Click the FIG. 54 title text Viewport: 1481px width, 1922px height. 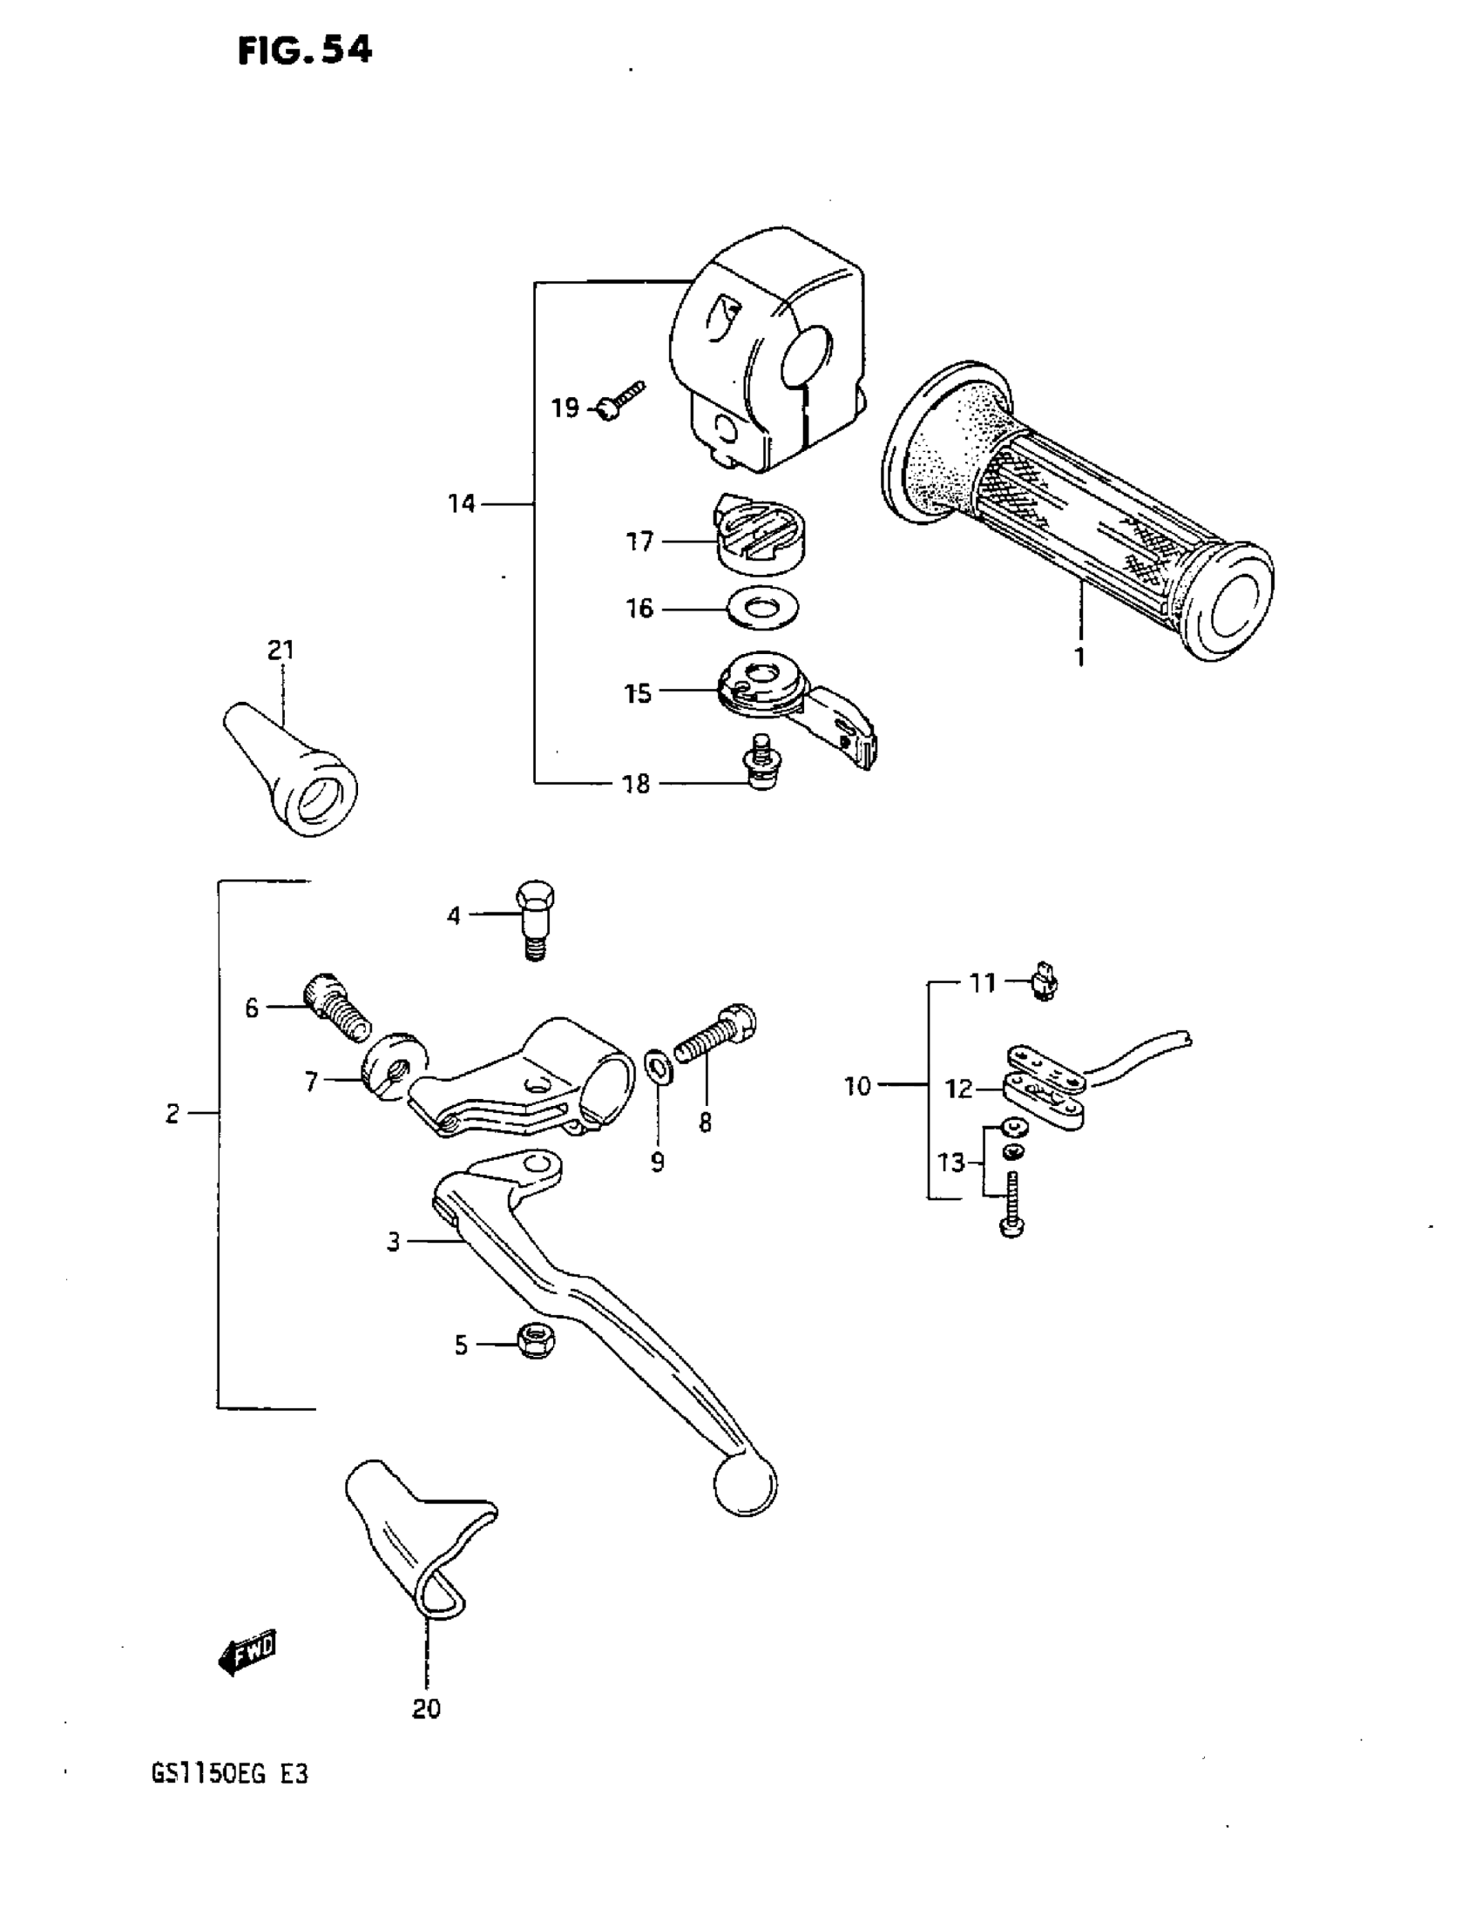pos(305,51)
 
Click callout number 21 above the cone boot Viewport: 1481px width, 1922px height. pos(281,651)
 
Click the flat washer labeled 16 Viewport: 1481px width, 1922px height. pos(763,608)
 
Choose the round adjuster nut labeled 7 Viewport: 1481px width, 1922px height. pos(392,1066)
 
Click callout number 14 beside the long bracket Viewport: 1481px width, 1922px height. pos(462,504)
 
